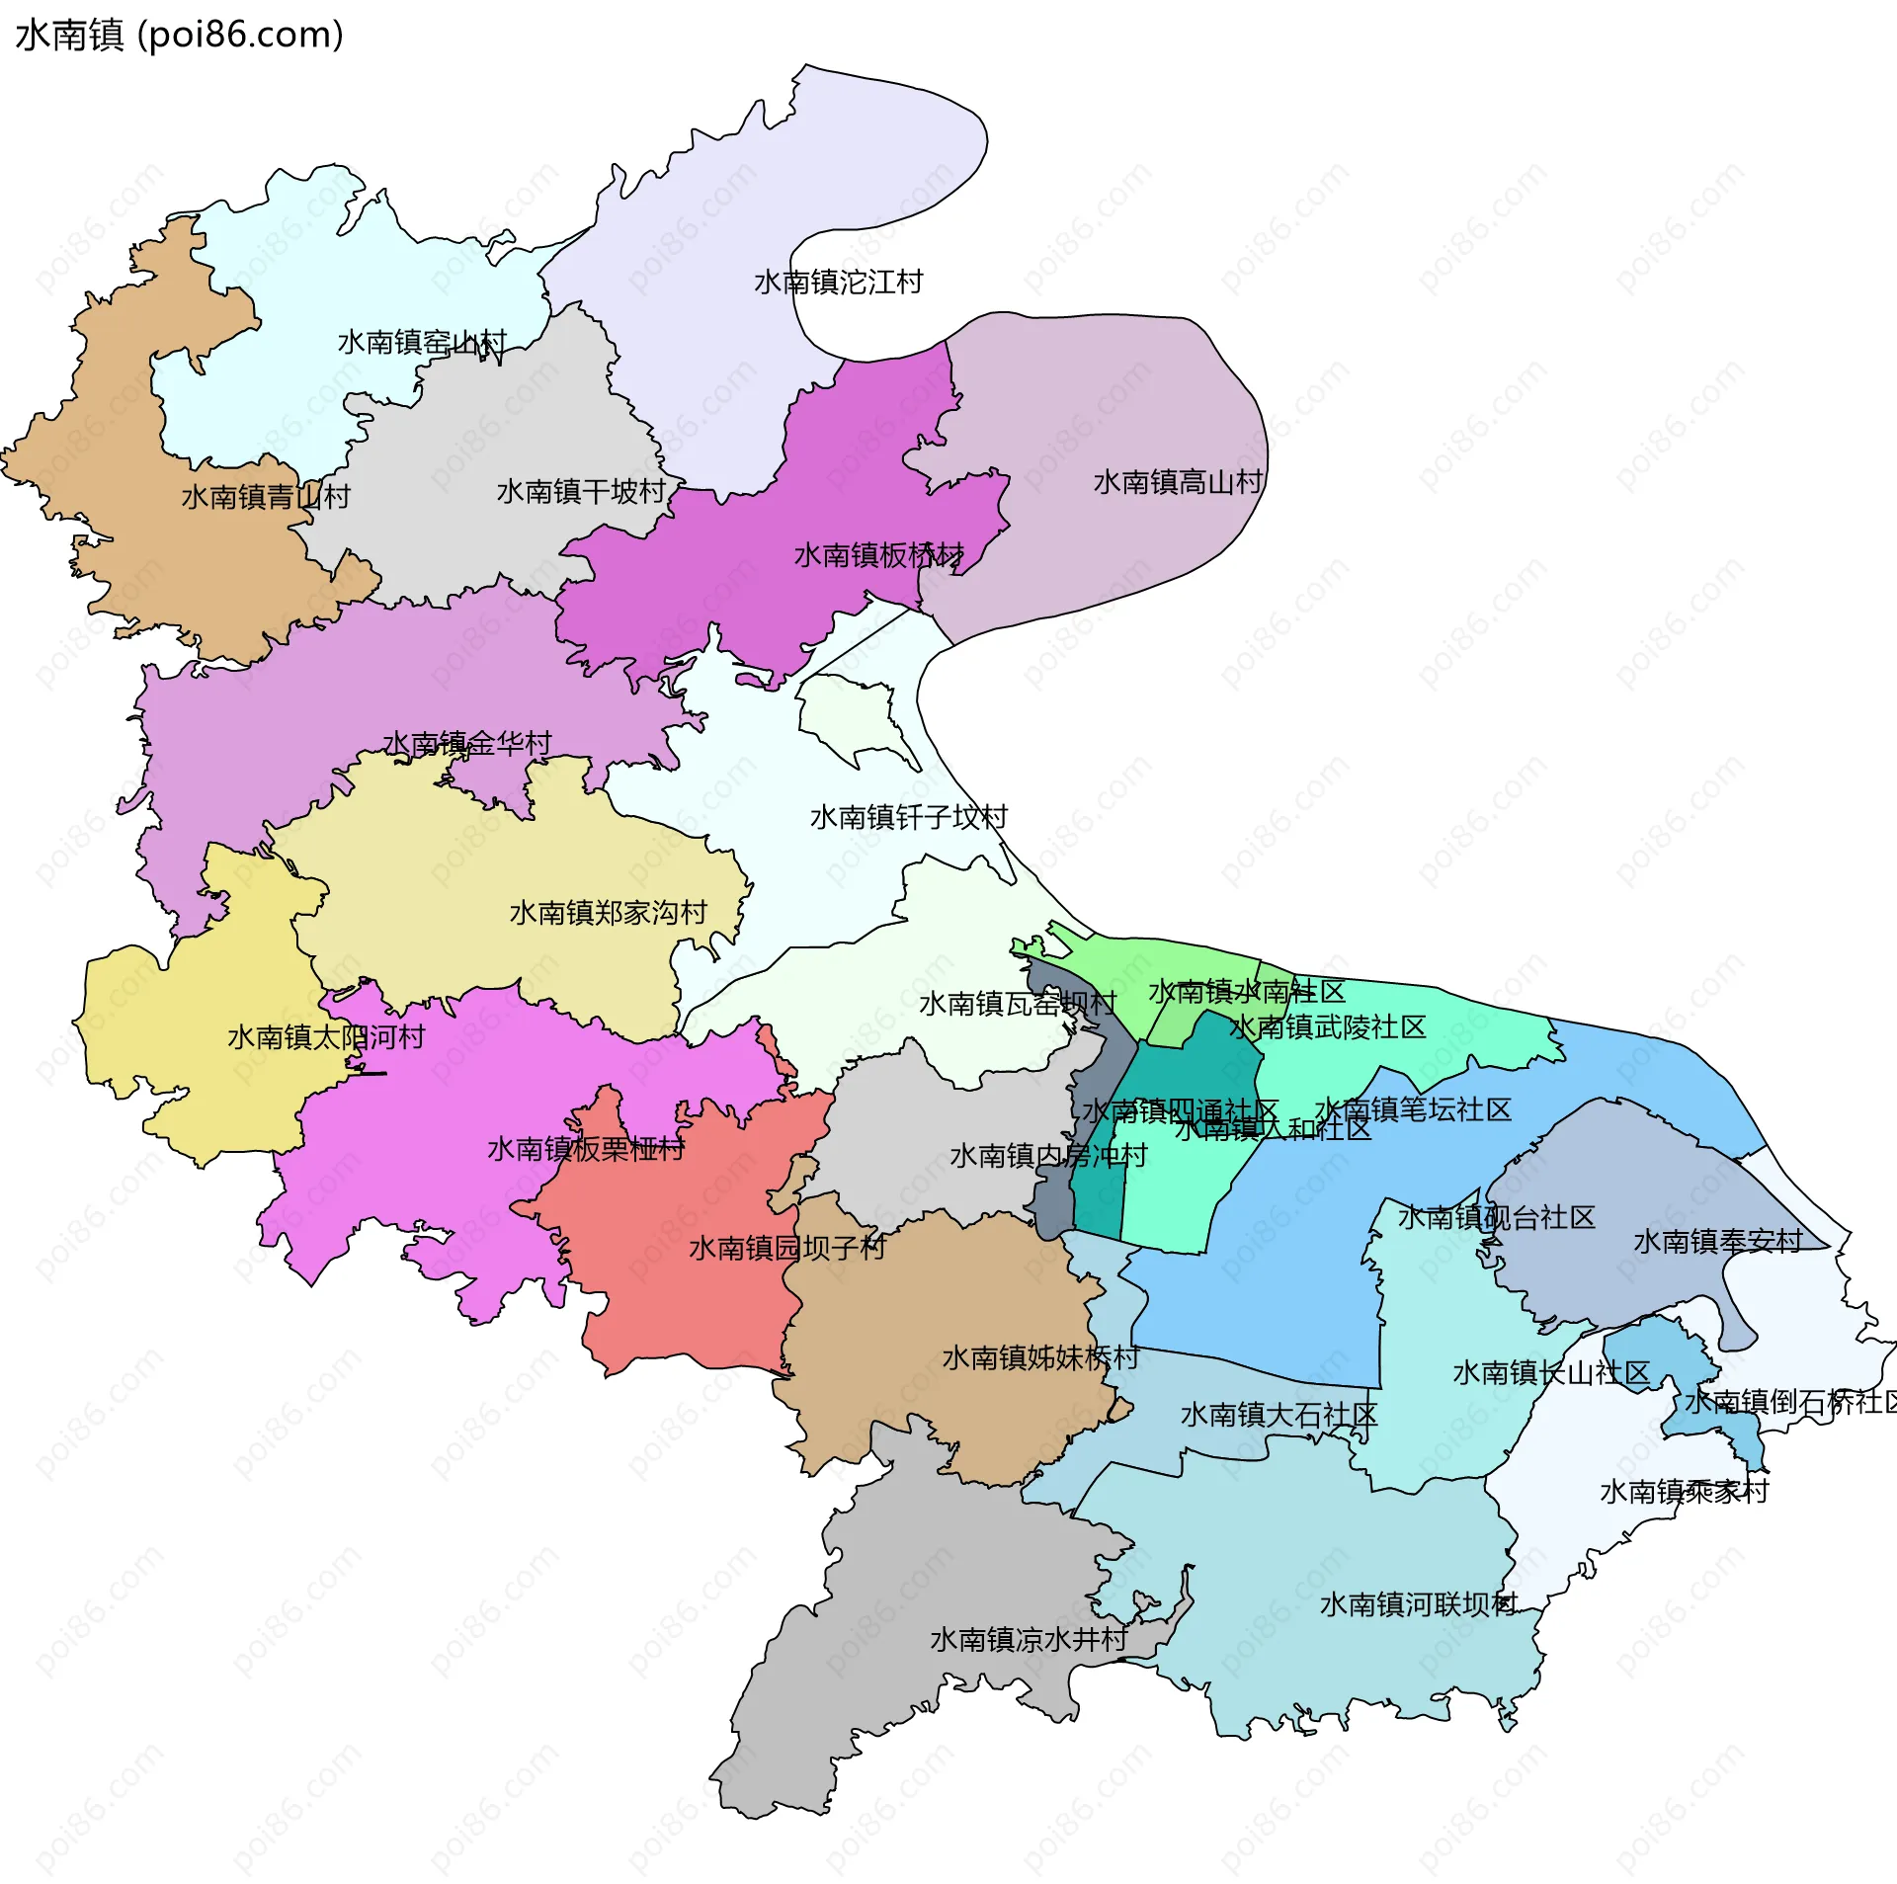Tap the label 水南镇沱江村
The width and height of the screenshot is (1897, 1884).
838,283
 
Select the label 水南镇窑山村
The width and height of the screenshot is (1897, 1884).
422,343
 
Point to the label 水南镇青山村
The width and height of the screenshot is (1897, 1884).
266,497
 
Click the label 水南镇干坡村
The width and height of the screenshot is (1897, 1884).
581,492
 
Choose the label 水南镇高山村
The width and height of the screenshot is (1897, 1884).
1178,482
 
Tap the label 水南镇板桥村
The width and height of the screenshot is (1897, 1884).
879,555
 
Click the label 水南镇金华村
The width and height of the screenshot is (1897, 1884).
466,743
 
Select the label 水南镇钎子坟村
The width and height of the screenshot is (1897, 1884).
909,817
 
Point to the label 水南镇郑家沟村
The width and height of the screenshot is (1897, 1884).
609,912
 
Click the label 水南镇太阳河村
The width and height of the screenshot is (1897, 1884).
326,1037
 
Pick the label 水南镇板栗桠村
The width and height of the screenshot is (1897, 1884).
586,1149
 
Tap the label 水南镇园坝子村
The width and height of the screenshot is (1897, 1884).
787,1248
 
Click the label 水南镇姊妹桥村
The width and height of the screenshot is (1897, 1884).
1040,1357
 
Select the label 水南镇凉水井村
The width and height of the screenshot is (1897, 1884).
1029,1639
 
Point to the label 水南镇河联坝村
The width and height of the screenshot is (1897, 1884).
1419,1603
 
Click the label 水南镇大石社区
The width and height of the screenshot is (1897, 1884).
1278,1415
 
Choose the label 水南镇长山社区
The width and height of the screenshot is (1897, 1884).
1551,1372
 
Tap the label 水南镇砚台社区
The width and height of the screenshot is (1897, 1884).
1496,1217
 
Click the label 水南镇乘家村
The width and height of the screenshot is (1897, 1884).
1684,1491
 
